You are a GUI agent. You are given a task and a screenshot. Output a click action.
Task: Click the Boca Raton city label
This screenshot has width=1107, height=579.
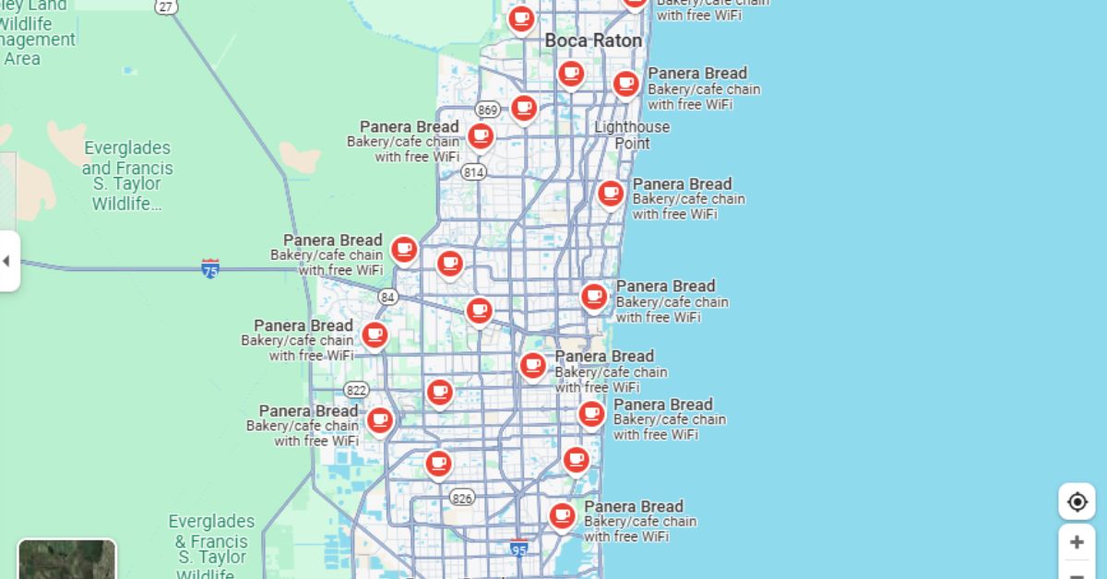(x=592, y=41)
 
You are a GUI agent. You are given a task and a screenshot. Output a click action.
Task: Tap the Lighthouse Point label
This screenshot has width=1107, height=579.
(x=632, y=135)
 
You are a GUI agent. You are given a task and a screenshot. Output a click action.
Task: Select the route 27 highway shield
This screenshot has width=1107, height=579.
(x=165, y=6)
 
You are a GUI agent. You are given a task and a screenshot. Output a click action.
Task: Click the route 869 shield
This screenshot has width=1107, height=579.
(x=487, y=111)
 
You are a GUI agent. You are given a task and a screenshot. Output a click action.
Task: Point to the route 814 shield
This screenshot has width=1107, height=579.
(x=473, y=171)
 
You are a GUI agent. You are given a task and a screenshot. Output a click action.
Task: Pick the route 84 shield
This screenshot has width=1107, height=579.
(x=388, y=297)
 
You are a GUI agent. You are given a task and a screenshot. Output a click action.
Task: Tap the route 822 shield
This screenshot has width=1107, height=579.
(x=356, y=390)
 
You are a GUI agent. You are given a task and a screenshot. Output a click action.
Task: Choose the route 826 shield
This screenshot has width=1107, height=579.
(x=462, y=498)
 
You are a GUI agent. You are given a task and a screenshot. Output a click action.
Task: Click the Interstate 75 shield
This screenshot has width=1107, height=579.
(x=210, y=269)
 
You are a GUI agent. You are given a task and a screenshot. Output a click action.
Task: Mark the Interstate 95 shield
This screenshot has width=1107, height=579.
(x=519, y=549)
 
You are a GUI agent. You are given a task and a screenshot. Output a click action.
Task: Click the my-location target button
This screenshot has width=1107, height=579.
(x=1077, y=502)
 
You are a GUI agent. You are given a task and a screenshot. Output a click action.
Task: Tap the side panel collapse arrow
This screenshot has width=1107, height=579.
(x=7, y=261)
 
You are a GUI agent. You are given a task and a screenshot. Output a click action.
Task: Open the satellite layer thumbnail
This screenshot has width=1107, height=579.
(x=67, y=559)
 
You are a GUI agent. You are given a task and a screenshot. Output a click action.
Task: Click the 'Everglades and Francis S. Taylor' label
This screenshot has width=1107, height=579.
(x=127, y=175)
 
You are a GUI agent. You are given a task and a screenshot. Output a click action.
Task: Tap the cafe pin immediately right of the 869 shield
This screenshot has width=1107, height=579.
(x=524, y=108)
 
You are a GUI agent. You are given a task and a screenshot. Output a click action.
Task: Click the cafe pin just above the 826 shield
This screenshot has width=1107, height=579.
(x=438, y=462)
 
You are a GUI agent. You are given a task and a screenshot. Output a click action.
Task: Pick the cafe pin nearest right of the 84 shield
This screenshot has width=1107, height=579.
(x=479, y=310)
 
